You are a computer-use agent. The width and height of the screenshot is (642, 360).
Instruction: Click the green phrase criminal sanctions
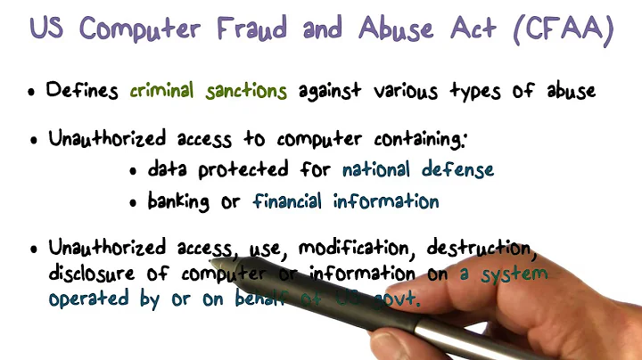(x=209, y=90)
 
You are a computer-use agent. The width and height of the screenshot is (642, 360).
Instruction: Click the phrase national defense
(x=417, y=168)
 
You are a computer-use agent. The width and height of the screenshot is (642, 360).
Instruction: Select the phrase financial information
(x=346, y=201)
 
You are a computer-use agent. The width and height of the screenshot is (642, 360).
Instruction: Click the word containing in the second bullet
(x=422, y=140)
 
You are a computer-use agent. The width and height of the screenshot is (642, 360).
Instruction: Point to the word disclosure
(x=94, y=274)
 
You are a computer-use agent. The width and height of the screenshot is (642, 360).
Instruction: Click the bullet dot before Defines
(x=33, y=93)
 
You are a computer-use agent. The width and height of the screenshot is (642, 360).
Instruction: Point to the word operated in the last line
(x=88, y=300)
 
